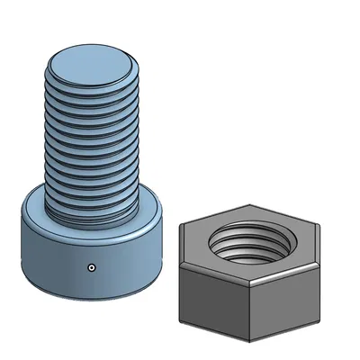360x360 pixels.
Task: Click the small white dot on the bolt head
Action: pyautogui.click(x=92, y=267)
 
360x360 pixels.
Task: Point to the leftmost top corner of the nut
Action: pyautogui.click(x=179, y=226)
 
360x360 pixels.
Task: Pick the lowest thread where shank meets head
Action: pyautogui.click(x=90, y=216)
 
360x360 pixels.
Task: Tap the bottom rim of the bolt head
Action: pyautogui.click(x=90, y=296)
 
